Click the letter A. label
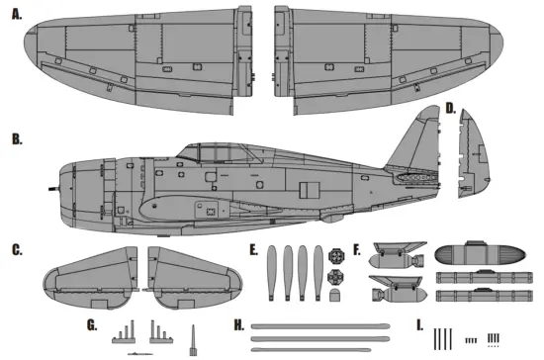click(17, 15)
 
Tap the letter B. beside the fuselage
click(17, 139)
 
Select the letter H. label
click(238, 324)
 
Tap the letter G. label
click(92, 324)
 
